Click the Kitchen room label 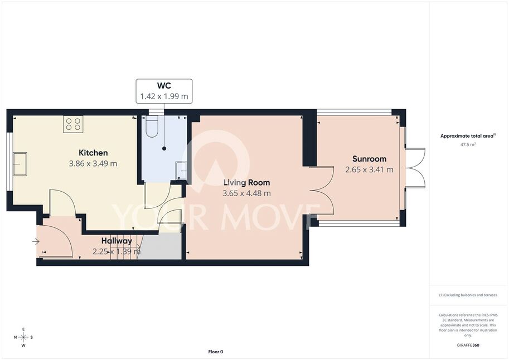pyautogui.click(x=93, y=153)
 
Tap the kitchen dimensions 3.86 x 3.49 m pyautogui.click(x=93, y=164)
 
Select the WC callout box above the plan pyautogui.click(x=164, y=91)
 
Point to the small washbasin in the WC pyautogui.click(x=181, y=171)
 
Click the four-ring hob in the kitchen pyautogui.click(x=73, y=124)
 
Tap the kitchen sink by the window pyautogui.click(x=20, y=164)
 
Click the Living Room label pyautogui.click(x=247, y=183)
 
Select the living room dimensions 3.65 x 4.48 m pyautogui.click(x=247, y=193)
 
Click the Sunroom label pyautogui.click(x=370, y=159)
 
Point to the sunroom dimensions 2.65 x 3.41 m pyautogui.click(x=370, y=170)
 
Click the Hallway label pyautogui.click(x=117, y=241)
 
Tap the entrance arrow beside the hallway pyautogui.click(x=36, y=241)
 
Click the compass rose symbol pyautogui.click(x=23, y=337)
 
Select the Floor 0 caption pyautogui.click(x=216, y=352)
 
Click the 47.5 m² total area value pyautogui.click(x=468, y=144)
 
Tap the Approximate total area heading pyautogui.click(x=468, y=136)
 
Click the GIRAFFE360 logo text pyautogui.click(x=468, y=345)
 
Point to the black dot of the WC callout pyautogui.click(x=164, y=148)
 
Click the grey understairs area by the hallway pyautogui.click(x=161, y=246)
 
